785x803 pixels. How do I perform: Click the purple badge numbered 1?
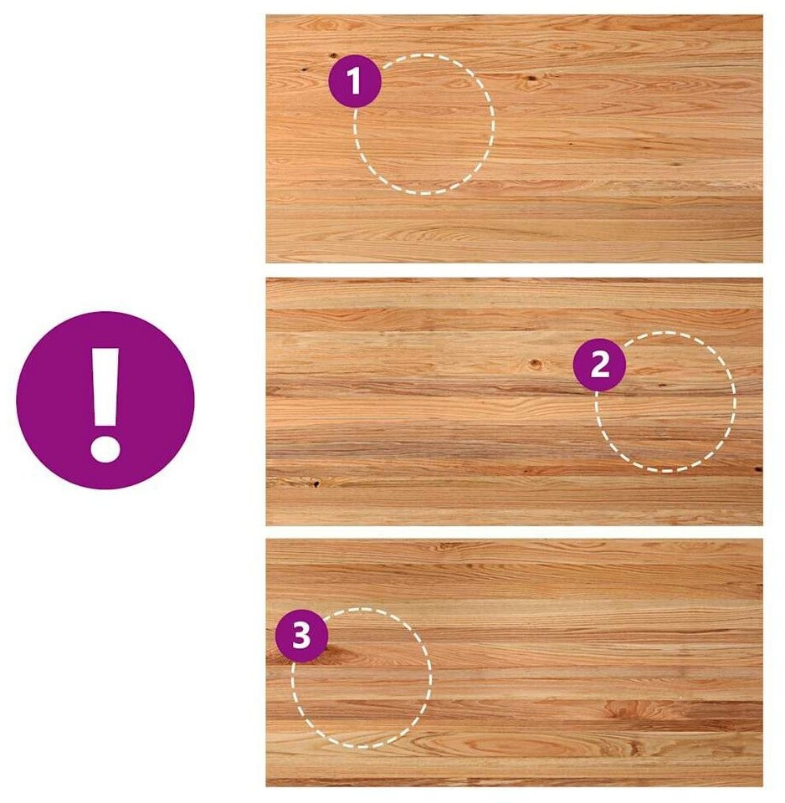coord(355,81)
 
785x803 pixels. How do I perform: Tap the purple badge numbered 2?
coord(599,366)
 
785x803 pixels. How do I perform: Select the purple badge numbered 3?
coord(301,636)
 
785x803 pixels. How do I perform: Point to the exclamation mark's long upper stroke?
coord(105,387)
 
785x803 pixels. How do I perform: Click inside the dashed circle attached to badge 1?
coord(424,125)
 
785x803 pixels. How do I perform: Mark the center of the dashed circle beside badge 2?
coord(665,401)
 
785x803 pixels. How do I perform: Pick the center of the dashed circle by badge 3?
coord(362,678)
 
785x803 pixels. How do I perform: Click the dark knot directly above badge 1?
coord(334,55)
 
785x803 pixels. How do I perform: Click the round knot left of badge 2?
coord(535,364)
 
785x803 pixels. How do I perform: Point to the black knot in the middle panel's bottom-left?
coord(316,483)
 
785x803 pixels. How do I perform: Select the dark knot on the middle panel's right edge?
coord(758,468)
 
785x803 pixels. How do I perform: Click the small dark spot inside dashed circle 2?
coord(661,385)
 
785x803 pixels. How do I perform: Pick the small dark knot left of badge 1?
coord(303,68)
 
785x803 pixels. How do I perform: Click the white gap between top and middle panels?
coord(514,270)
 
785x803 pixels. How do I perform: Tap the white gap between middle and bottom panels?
coord(514,532)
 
